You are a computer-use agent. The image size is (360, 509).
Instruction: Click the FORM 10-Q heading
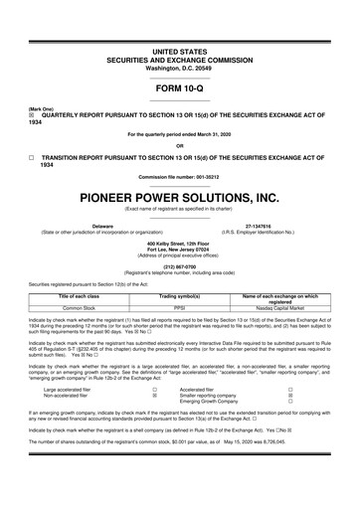(x=179, y=87)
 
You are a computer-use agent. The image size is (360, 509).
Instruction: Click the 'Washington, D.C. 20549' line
(x=179, y=65)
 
